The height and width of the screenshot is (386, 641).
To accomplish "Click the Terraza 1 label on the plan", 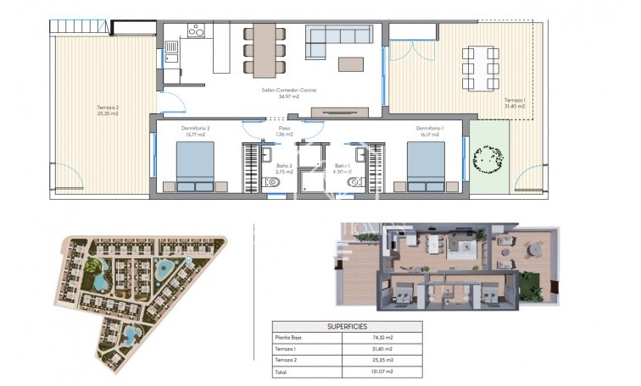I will [515, 103].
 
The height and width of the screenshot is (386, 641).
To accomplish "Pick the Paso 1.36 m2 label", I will [285, 131].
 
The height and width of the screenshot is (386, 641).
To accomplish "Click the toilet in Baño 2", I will [275, 181].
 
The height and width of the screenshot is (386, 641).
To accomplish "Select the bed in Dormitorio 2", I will [195, 167].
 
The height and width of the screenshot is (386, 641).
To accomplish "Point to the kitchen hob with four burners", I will [198, 31].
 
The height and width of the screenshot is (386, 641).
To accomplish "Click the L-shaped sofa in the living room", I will [338, 38].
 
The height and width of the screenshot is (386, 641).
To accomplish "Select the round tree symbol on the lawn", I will [489, 157].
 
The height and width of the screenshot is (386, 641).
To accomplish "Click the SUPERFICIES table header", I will [346, 326].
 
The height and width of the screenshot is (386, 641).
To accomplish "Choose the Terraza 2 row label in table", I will [288, 360].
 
